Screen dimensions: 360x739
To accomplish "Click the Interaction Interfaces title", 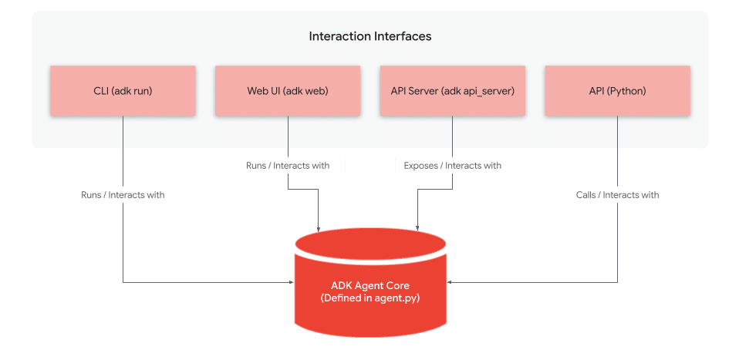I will point(369,36).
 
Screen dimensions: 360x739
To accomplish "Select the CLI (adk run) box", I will point(123,91).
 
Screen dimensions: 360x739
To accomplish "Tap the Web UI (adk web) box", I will point(288,91).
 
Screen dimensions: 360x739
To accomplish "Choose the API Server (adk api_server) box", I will point(452,91).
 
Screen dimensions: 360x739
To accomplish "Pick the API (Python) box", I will point(617,91).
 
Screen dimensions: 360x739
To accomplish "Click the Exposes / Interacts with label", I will point(452,165).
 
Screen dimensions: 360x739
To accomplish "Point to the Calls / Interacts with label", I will point(617,195).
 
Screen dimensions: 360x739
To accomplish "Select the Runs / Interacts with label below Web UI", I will point(288,165).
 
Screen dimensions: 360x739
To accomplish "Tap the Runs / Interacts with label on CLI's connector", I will point(123,195).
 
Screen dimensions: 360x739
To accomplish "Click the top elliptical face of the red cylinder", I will point(370,244).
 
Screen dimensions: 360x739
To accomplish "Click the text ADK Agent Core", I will point(370,286).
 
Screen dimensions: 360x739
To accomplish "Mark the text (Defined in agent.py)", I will point(370,298).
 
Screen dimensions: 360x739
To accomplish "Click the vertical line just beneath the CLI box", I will point(123,131).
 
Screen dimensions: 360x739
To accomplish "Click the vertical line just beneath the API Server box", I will point(452,131).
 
